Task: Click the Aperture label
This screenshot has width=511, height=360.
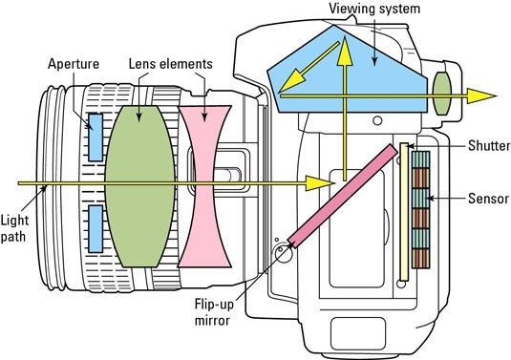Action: click(74, 64)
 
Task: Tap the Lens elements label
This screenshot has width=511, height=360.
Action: click(170, 64)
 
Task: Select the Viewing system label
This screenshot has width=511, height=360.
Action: click(374, 9)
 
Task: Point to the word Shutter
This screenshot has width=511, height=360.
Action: click(489, 146)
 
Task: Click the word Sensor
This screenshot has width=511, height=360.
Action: click(488, 199)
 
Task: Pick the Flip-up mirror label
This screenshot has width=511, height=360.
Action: click(214, 312)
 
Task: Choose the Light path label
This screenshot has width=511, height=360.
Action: click(14, 228)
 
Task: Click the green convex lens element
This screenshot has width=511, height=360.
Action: click(139, 186)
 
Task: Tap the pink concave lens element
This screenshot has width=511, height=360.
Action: click(204, 186)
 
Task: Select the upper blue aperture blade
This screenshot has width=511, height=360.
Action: click(96, 138)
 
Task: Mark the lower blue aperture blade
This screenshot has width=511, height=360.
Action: click(96, 229)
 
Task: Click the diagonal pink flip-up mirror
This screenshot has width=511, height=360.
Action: click(344, 196)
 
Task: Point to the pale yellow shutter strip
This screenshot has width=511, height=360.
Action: click(404, 212)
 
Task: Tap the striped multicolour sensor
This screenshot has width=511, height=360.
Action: click(420, 209)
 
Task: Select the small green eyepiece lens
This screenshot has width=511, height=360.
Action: click(441, 94)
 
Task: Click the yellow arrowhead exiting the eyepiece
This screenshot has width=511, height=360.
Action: click(481, 95)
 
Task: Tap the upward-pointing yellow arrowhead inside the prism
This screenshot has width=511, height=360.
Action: click(344, 52)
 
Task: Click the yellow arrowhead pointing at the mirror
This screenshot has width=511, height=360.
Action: click(319, 183)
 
